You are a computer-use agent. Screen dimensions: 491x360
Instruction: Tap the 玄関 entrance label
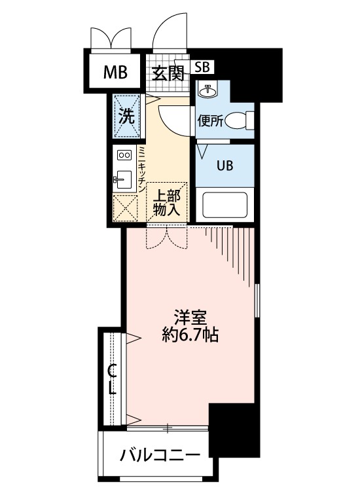(168, 73)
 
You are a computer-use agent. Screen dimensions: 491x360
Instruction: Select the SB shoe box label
(202, 67)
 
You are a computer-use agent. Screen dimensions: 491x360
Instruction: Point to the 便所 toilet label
(210, 120)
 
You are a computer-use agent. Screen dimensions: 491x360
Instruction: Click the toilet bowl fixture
(245, 120)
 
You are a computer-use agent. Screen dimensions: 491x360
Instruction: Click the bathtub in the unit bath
(225, 205)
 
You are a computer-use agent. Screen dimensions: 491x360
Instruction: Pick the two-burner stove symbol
(124, 155)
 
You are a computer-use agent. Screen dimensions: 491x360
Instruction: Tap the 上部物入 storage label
(166, 202)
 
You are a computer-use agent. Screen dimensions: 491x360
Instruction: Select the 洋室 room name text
(190, 319)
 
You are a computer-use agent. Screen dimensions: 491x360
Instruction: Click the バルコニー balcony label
(159, 456)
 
